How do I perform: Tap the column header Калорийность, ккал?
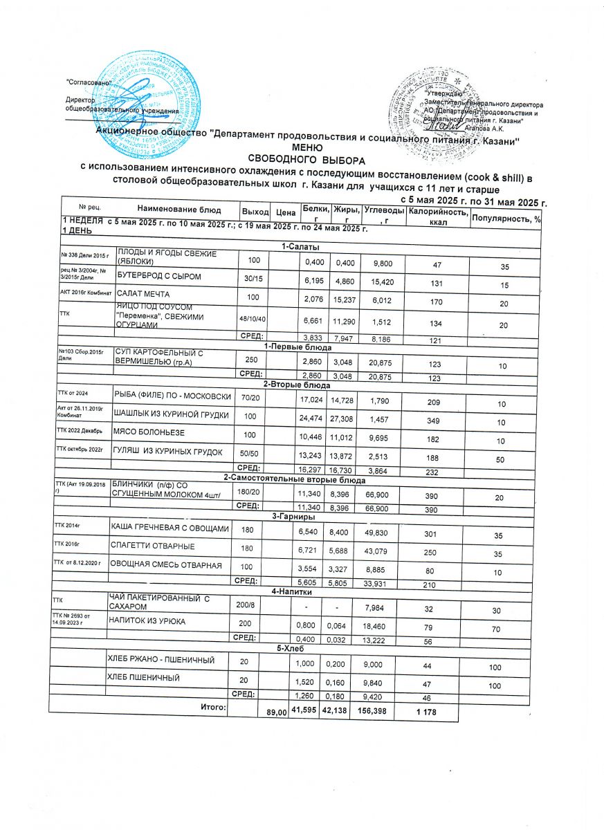(x=437, y=216)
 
